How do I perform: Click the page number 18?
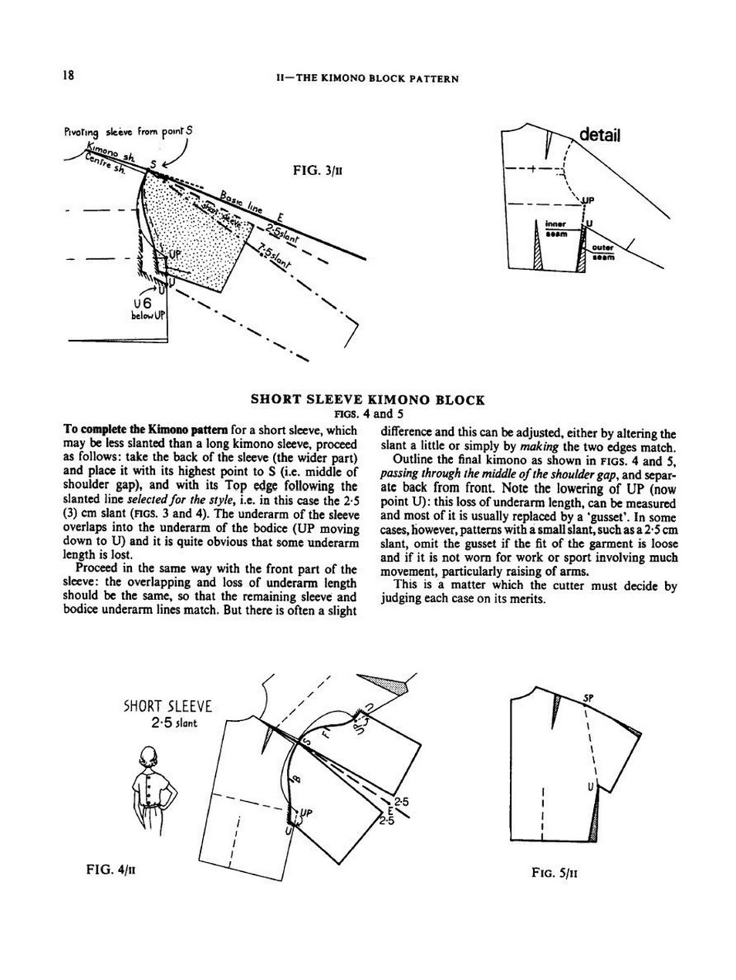(68, 76)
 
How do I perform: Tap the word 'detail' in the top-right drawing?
(599, 135)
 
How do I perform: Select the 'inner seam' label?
(556, 229)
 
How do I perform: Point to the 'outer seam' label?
(603, 252)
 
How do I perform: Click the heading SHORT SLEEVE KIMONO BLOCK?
(367, 400)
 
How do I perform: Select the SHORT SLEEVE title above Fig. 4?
(167, 706)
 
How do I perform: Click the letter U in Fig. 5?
(590, 787)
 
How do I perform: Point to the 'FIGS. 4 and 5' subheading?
(367, 413)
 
